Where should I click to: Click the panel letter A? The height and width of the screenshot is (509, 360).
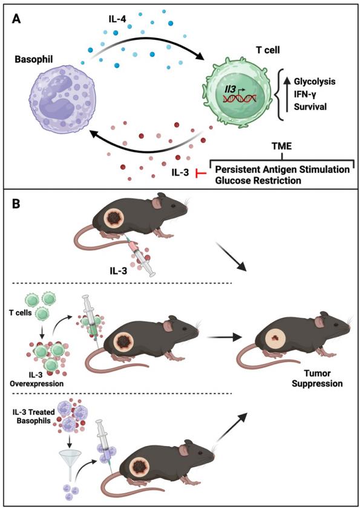pyautogui.click(x=16, y=19)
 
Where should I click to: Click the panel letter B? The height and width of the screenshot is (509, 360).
pyautogui.click(x=16, y=204)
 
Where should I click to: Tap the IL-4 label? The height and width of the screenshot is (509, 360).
pyautogui.click(x=117, y=19)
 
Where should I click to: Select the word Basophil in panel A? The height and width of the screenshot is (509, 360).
pyautogui.click(x=34, y=59)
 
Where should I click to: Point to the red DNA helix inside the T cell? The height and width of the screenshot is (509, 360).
pyautogui.click(x=240, y=98)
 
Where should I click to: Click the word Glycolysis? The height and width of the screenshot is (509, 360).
pyautogui.click(x=315, y=81)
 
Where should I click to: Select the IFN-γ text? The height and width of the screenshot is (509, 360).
pyautogui.click(x=305, y=94)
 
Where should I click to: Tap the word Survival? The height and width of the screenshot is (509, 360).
pyautogui.click(x=310, y=106)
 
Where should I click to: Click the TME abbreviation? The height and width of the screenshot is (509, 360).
pyautogui.click(x=282, y=146)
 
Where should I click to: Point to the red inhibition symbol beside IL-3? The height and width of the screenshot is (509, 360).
pyautogui.click(x=201, y=173)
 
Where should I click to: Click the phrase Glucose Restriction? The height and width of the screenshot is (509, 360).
pyautogui.click(x=258, y=180)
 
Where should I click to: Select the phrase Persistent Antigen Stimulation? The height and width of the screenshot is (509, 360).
pyautogui.click(x=283, y=169)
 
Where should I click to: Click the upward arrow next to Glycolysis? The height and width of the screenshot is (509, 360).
pyautogui.click(x=287, y=94)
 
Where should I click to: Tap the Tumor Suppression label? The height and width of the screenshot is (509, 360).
pyautogui.click(x=317, y=378)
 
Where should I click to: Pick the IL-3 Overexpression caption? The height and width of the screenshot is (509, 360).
pyautogui.click(x=36, y=379)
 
